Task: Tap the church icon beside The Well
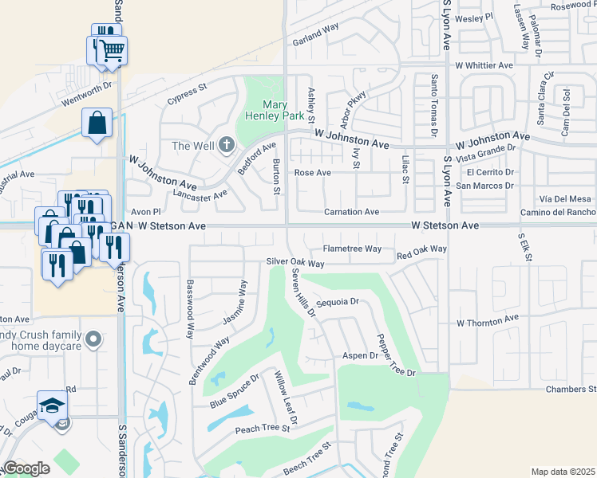click(x=226, y=145)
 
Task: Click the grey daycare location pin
click(x=93, y=340)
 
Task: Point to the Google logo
click(x=26, y=468)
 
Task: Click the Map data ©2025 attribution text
click(x=563, y=472)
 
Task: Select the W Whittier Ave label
click(x=484, y=65)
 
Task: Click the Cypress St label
click(x=187, y=100)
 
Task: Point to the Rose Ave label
click(x=312, y=172)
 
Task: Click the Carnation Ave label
click(x=351, y=212)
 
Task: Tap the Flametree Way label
click(x=352, y=249)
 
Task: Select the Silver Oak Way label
click(x=295, y=263)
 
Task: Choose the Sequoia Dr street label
click(x=338, y=303)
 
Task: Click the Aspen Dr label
click(x=359, y=355)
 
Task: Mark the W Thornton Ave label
click(x=488, y=322)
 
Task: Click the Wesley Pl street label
click(x=475, y=16)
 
